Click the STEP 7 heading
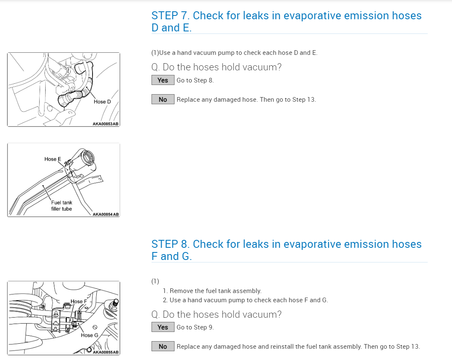point(286,21)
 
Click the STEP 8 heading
point(286,250)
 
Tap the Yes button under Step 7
point(163,80)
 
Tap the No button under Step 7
point(163,100)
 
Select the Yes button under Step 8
point(163,327)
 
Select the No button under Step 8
point(163,347)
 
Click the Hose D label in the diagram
point(102,102)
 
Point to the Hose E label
point(53,159)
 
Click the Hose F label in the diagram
point(79,301)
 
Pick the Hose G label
point(90,335)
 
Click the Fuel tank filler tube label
point(62,206)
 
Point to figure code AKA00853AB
point(105,124)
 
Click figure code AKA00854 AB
point(105,214)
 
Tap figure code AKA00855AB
point(105,352)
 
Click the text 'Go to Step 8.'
point(195,80)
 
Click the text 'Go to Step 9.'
point(195,327)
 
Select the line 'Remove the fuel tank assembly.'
point(216,291)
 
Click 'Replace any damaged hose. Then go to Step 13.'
point(246,100)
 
